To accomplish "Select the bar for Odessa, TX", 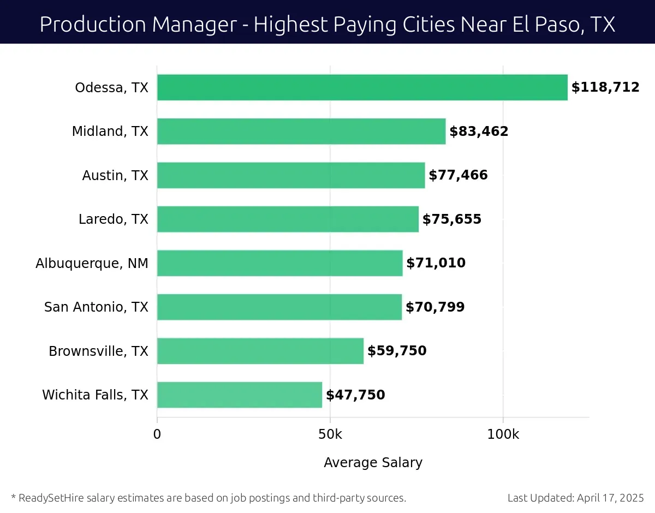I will coord(362,87).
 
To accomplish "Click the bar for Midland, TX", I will coord(301,132).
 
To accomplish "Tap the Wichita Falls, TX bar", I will coord(240,395).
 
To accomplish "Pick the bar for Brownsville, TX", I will coord(260,351).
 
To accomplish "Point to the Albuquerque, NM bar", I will coord(280,263).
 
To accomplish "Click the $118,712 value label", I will coord(605,87).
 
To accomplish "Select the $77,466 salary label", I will coord(458,175).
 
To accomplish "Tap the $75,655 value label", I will coord(452,219).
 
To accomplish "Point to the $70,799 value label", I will coord(435,307).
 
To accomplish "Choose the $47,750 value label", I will coord(355,395).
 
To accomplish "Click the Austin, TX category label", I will coord(115,175).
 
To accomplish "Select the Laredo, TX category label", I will coord(113,219).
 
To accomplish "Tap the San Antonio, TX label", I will coord(96,307).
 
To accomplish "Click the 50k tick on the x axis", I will coord(330,435).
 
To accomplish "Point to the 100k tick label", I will coord(503,435).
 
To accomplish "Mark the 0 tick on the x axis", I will coord(157,435).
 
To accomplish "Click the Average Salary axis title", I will coord(373,463).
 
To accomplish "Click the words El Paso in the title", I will coord(534,24).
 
